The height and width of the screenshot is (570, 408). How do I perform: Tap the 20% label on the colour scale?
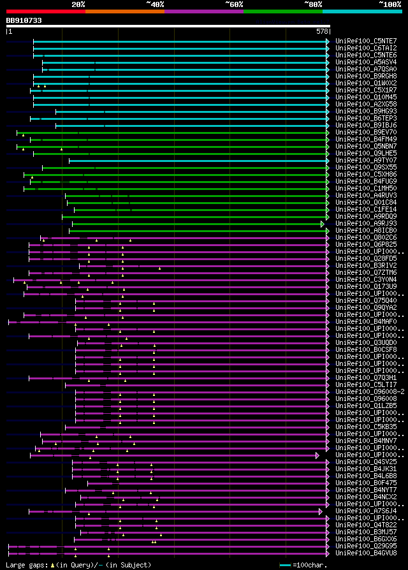(x=78, y=4)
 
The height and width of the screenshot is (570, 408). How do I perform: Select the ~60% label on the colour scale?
(x=234, y=4)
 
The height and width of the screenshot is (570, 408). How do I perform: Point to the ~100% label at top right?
(x=389, y=4)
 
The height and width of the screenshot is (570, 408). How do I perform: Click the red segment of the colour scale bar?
(x=45, y=11)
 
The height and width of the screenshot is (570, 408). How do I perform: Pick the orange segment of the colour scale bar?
(x=124, y=11)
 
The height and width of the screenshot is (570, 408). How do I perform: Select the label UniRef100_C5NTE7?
(x=365, y=41)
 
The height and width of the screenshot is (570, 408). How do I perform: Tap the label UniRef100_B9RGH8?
(x=365, y=77)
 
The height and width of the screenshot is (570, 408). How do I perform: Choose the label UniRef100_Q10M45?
(x=365, y=98)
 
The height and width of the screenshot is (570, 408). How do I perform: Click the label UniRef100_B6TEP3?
(x=365, y=119)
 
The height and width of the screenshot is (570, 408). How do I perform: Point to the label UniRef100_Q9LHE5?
(x=365, y=154)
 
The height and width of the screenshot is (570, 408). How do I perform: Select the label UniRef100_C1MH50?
(x=365, y=189)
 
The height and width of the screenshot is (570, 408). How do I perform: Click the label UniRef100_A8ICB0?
(x=365, y=231)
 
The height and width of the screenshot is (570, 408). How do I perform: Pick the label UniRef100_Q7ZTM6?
(x=365, y=273)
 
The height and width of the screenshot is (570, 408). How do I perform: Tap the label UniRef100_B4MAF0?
(x=365, y=322)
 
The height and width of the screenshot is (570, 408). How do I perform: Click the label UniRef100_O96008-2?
(x=369, y=392)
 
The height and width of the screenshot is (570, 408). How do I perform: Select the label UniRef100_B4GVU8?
(x=365, y=553)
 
